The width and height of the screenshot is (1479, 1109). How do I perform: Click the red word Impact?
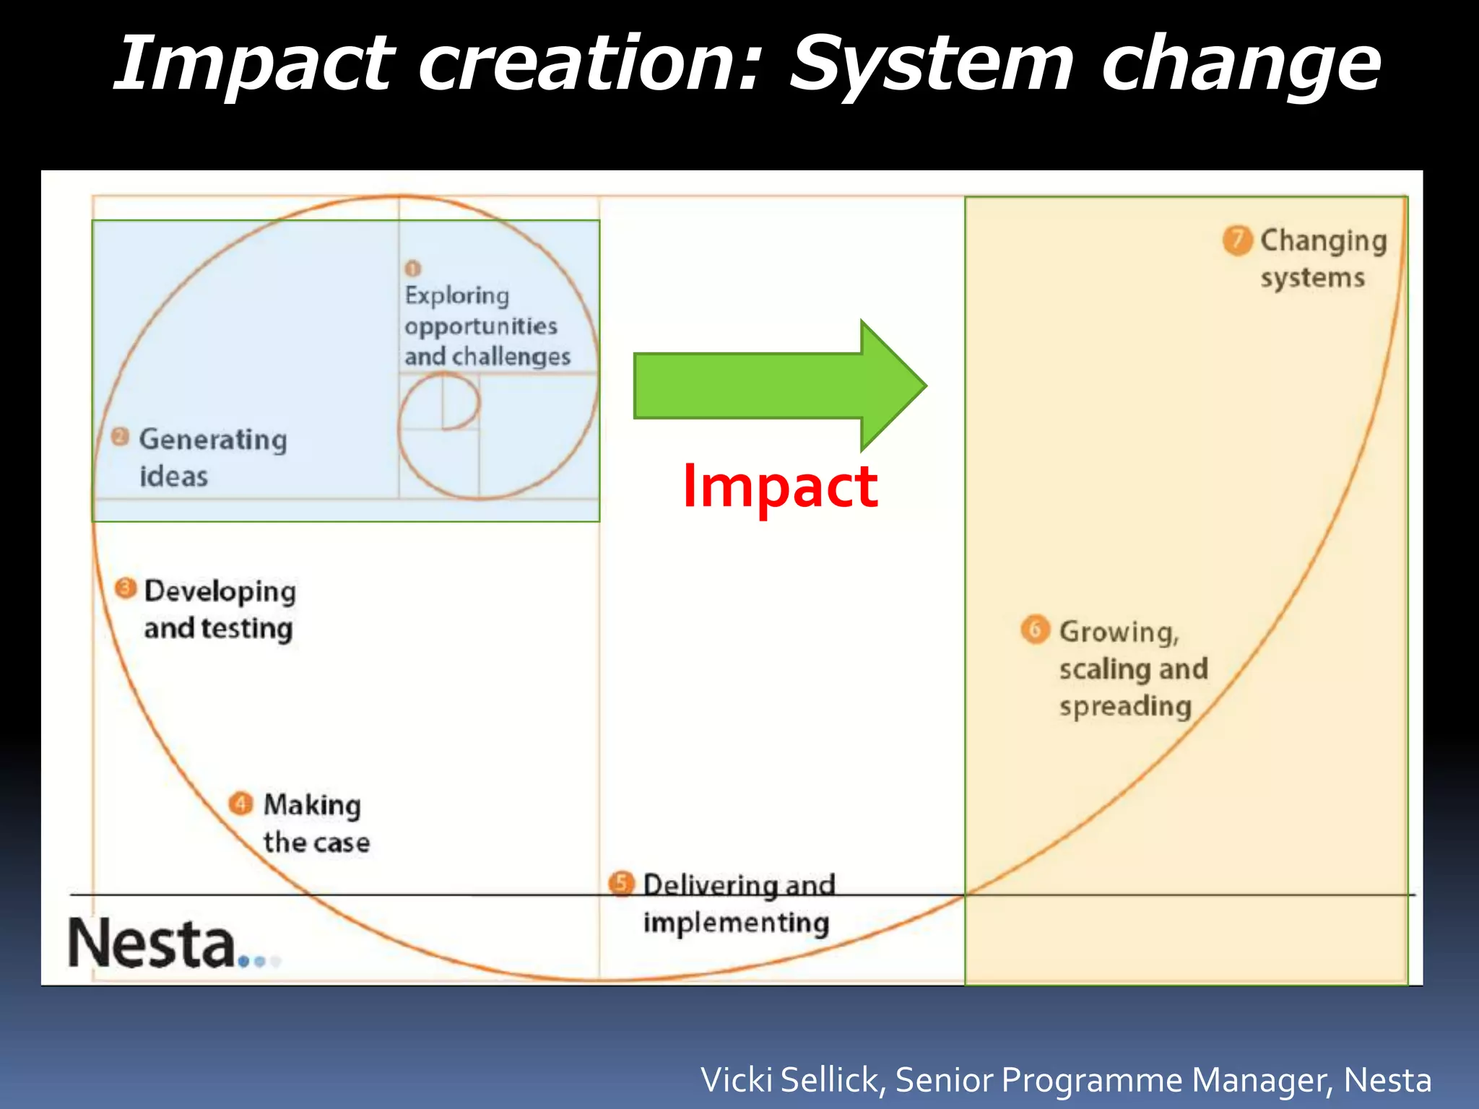tap(780, 487)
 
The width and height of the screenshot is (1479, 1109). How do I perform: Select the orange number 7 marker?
tap(1237, 240)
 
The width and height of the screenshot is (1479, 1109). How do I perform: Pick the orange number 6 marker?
tap(1035, 630)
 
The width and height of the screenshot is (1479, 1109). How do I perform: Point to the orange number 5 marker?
tap(621, 883)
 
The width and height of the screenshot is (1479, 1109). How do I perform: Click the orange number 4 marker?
tap(240, 803)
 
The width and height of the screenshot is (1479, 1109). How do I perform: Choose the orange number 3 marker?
tap(126, 588)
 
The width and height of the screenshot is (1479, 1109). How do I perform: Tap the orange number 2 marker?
tap(120, 437)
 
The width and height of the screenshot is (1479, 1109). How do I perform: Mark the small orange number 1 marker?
tap(412, 269)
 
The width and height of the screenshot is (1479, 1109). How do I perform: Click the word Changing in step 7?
tap(1323, 241)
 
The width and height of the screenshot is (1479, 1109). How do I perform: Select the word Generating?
tap(213, 440)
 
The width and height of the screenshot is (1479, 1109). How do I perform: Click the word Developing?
tap(220, 591)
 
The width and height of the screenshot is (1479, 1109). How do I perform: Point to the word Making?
tap(312, 805)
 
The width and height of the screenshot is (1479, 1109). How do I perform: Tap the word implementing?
tap(736, 923)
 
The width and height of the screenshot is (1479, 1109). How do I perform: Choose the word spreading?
tap(1125, 707)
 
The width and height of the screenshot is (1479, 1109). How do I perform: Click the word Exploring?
tap(457, 295)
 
